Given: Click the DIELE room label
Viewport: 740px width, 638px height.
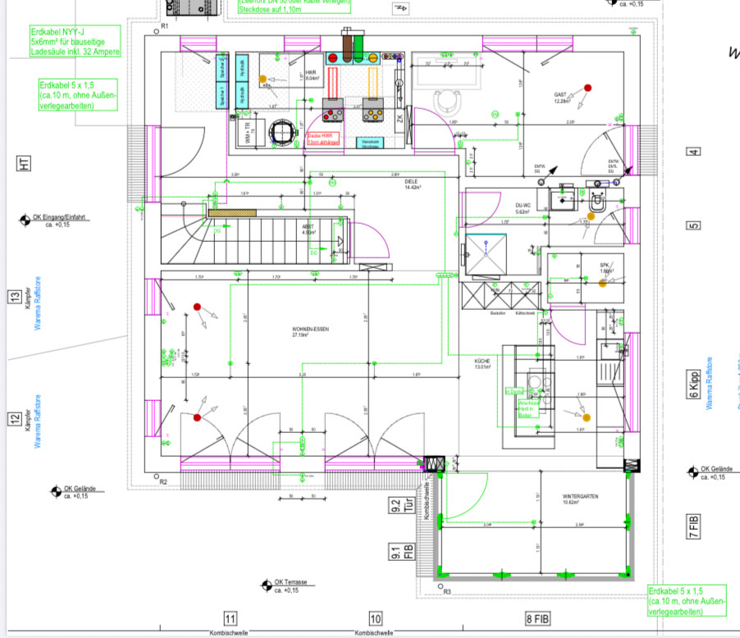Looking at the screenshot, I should click(412, 185).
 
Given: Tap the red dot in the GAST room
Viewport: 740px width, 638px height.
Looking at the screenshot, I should click(587, 88).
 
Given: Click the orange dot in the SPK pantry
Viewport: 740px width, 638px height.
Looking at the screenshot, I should click(602, 285).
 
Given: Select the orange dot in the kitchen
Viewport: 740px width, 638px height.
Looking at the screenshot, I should click(586, 418).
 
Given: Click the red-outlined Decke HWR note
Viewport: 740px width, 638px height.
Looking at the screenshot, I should click(320, 140).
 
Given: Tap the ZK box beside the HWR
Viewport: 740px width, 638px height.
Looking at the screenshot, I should click(400, 120).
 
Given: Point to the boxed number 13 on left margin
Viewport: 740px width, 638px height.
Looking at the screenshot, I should click(14, 297).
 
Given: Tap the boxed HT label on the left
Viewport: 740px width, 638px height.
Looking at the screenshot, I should click(24, 164).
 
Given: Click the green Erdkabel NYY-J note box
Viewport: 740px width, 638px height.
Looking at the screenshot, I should click(75, 41).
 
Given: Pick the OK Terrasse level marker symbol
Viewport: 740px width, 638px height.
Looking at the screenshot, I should click(266, 585).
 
